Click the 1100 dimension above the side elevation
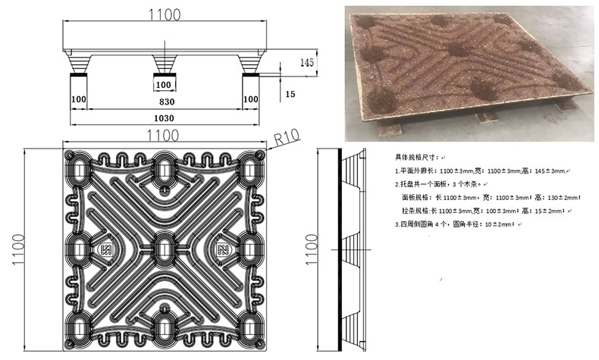click(x=165, y=14)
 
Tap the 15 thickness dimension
click(x=290, y=93)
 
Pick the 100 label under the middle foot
click(x=165, y=83)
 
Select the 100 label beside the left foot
click(x=78, y=99)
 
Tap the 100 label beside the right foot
click(x=250, y=99)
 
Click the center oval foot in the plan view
click(x=165, y=246)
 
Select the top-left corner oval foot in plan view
click(x=79, y=161)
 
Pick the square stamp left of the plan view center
click(x=106, y=249)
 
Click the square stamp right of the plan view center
click(x=224, y=249)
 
